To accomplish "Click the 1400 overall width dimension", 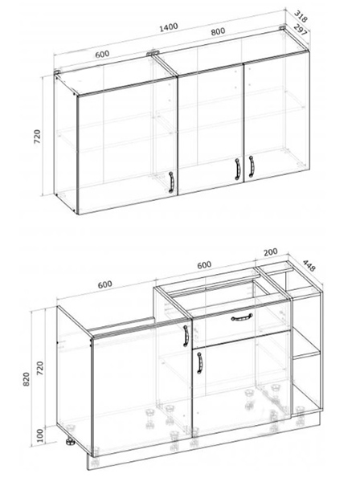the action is [x=169, y=27].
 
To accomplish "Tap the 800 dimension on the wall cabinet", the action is [x=218, y=31].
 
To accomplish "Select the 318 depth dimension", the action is [x=301, y=16].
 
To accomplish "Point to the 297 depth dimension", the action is [x=301, y=30].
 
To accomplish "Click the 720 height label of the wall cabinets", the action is [x=37, y=137].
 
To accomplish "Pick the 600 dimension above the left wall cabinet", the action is [x=102, y=54].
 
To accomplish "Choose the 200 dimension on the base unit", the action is [x=271, y=252].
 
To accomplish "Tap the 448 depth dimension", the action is [x=309, y=266].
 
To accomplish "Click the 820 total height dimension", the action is [x=27, y=379].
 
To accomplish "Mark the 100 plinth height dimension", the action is [x=40, y=435].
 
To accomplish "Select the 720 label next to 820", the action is [x=40, y=368].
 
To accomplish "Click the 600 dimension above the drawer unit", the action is [x=204, y=265].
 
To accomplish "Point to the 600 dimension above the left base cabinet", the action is [x=104, y=284].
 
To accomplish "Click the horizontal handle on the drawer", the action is [x=242, y=317].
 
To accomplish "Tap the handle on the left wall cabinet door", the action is [x=171, y=182].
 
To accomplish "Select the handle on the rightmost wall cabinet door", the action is [x=252, y=166].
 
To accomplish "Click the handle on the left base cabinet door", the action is [x=186, y=336].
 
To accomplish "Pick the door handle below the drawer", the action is [x=199, y=363].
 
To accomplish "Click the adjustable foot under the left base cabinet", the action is [x=70, y=442].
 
